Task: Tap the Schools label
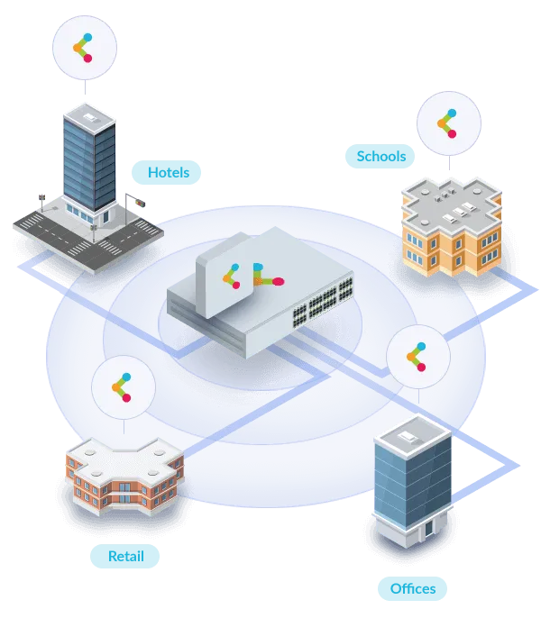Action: coord(380,156)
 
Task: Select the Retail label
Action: coord(124,556)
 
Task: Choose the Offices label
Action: coord(412,588)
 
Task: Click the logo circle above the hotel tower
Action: coord(85,48)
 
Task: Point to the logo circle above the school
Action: coord(449,123)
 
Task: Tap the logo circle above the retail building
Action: coord(124,387)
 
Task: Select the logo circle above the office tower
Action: coord(418,357)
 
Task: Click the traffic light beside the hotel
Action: coord(140,204)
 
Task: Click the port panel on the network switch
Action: coord(323,304)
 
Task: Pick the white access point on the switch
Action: coord(225,275)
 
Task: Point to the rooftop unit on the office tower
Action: coord(406,436)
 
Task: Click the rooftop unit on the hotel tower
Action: coord(90,117)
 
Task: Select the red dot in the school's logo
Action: coord(453,134)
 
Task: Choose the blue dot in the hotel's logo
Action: coord(87,38)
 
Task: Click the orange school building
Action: coord(452,226)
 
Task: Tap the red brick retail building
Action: coord(124,476)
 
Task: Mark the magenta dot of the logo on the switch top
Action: coord(279,281)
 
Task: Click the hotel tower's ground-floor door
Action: coord(105,217)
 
